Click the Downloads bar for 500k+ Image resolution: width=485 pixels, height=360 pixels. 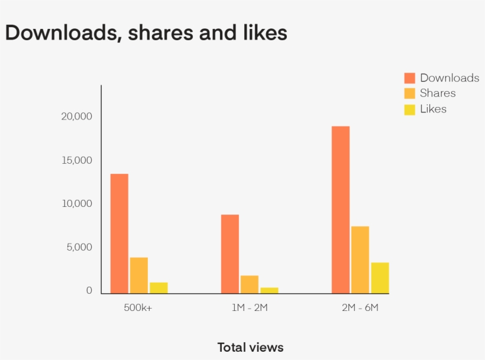click(119, 233)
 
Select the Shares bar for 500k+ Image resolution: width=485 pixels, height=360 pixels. click(138, 275)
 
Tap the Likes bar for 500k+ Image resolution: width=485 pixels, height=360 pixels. click(159, 288)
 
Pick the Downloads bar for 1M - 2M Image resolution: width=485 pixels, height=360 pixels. click(230, 254)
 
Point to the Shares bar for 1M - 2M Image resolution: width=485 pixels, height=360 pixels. click(250, 284)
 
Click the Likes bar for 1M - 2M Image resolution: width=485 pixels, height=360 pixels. click(269, 290)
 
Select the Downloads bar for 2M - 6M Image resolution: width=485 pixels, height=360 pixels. click(341, 210)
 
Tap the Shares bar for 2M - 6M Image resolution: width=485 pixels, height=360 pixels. click(360, 260)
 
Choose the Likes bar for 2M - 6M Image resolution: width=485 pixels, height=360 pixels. click(380, 278)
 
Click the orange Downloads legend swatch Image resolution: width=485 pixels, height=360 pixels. click(410, 78)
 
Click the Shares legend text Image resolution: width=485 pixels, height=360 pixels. click(438, 93)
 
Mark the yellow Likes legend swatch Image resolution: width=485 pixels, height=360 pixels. click(410, 109)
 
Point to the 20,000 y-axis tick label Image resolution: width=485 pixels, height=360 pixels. click(77, 116)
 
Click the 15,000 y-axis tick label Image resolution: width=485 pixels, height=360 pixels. click(77, 160)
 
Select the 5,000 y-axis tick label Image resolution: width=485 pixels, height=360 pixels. click(79, 247)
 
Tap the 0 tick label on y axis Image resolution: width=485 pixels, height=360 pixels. click(89, 290)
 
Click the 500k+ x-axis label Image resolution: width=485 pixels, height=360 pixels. click(138, 308)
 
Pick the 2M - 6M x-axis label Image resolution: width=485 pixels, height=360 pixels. click(360, 308)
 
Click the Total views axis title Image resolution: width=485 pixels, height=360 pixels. click(250, 348)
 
